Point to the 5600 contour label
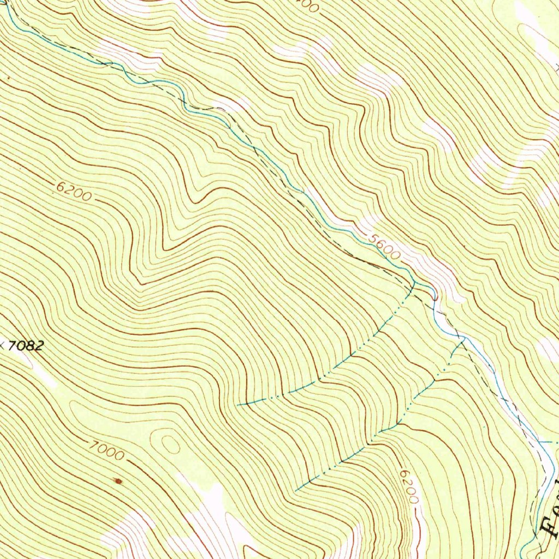coord(384,247)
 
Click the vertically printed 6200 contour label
coord(409,487)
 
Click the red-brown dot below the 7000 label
coord(117,480)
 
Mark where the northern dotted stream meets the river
coord(414,283)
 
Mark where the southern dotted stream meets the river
coord(463,341)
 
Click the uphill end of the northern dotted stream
coord(239,405)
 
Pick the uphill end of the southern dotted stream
coord(296,490)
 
